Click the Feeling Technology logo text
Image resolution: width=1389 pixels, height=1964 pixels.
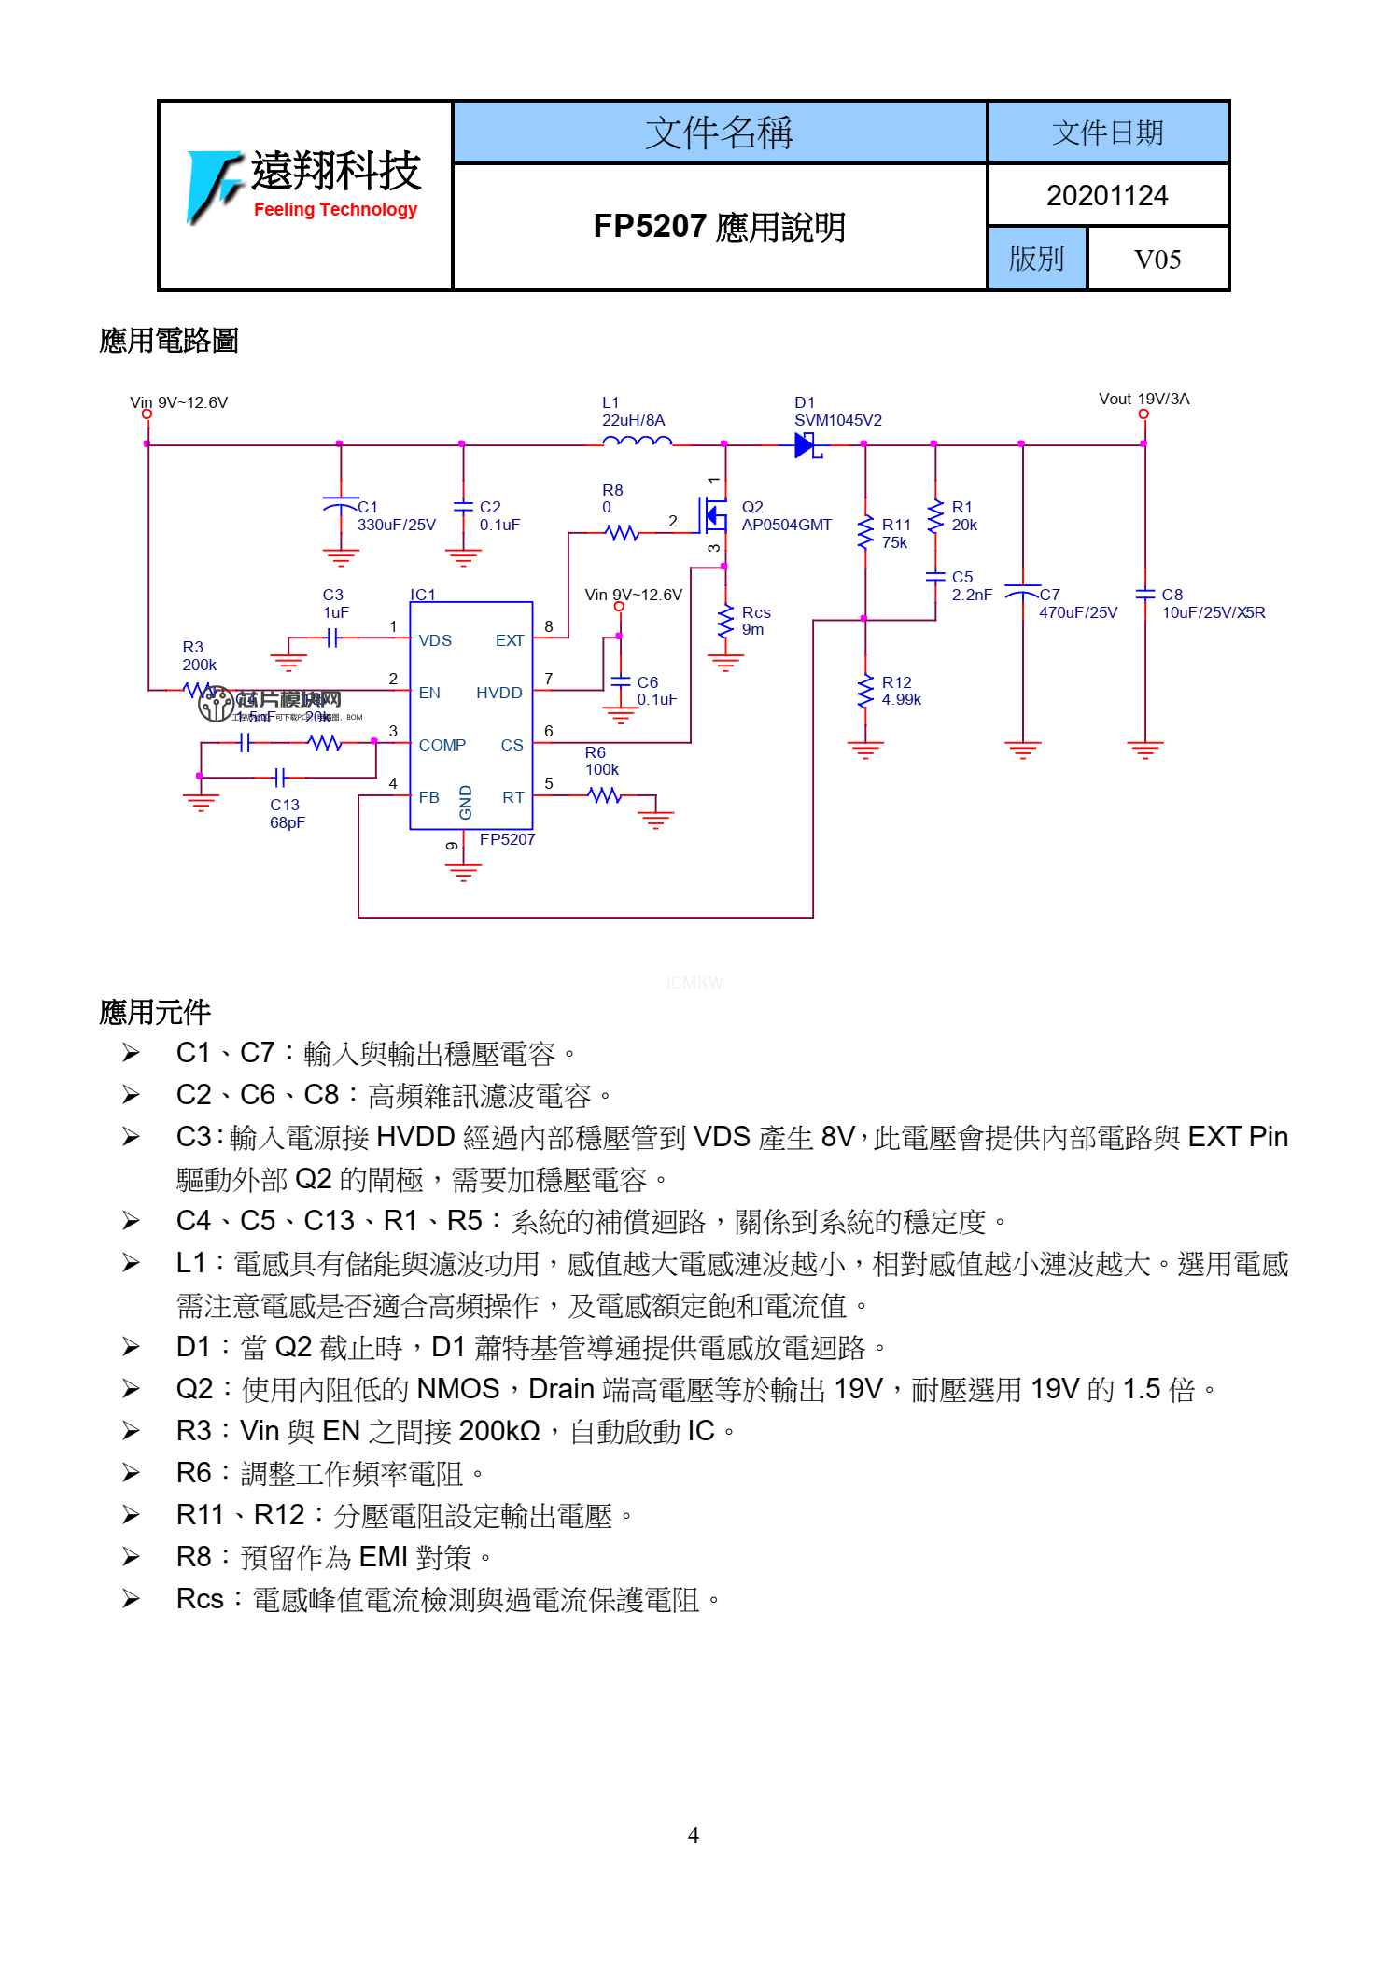click(x=335, y=210)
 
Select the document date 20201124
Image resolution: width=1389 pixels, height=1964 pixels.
click(x=1106, y=196)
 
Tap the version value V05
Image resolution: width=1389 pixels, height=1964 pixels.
click(x=1157, y=260)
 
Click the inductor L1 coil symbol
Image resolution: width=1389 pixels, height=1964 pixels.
click(x=637, y=442)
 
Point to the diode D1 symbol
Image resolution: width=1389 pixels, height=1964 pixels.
click(x=805, y=445)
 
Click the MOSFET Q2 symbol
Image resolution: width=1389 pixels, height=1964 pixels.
click(x=714, y=514)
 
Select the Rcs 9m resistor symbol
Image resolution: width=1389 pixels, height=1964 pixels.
click(x=725, y=621)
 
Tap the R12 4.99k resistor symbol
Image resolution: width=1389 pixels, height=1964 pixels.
click(x=865, y=692)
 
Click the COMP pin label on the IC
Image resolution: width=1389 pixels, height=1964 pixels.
click(x=442, y=745)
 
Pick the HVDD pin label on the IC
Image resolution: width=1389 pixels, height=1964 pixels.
click(x=498, y=693)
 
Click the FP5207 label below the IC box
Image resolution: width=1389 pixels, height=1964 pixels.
click(x=507, y=839)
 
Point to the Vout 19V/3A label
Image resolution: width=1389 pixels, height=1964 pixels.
click(x=1143, y=400)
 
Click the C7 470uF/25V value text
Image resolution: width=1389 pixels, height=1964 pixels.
click(x=1077, y=612)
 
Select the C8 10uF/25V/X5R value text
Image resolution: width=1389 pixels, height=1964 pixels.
click(x=1213, y=612)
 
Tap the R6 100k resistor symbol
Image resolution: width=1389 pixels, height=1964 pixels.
click(x=605, y=795)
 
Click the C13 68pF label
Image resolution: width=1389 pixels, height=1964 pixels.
click(x=287, y=813)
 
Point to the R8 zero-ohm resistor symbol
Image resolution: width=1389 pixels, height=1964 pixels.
click(x=622, y=533)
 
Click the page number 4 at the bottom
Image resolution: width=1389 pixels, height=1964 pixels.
click(x=693, y=1835)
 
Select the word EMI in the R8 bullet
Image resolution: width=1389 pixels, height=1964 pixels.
click(x=383, y=1557)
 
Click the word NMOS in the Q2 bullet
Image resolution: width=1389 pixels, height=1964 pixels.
click(x=457, y=1389)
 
